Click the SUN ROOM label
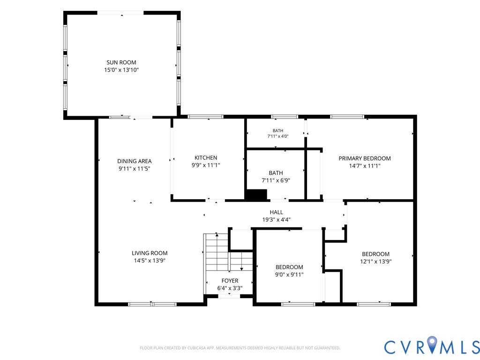(x=121, y=62)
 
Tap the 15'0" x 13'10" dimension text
(x=121, y=70)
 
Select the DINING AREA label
(x=135, y=161)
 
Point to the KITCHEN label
(x=206, y=157)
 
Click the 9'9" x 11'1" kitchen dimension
(x=206, y=165)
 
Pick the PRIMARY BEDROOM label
(x=365, y=158)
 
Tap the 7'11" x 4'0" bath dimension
(x=278, y=136)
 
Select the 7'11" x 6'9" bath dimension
(x=276, y=180)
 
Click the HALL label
(x=276, y=212)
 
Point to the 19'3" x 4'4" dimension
(x=276, y=219)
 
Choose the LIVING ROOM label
(x=150, y=253)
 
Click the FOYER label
(x=230, y=281)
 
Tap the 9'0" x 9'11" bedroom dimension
(x=289, y=275)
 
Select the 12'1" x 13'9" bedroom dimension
(x=375, y=262)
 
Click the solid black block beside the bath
(x=256, y=195)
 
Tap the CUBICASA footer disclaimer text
(x=240, y=348)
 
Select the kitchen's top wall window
(x=205, y=117)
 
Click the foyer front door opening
(x=229, y=296)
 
